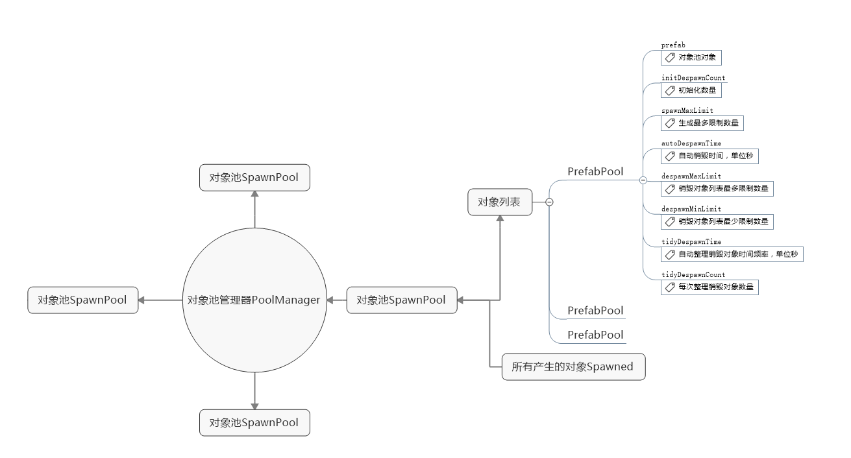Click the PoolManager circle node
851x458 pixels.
tap(254, 300)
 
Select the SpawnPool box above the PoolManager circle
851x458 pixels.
tap(254, 178)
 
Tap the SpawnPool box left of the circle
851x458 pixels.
tap(83, 300)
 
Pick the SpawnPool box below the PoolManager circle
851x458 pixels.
tap(254, 423)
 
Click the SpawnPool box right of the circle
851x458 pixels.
tap(402, 300)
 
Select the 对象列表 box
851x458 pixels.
tap(499, 202)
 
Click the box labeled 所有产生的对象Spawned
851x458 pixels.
tap(573, 367)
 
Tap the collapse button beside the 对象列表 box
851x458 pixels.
tap(549, 202)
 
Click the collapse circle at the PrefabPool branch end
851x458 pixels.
tap(643, 180)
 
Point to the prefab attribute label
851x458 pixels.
tap(673, 45)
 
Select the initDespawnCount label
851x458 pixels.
tap(693, 78)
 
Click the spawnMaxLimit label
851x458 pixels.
tap(687, 111)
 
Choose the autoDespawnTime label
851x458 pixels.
tap(691, 143)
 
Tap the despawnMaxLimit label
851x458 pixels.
tap(691, 176)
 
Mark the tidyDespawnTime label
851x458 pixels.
tap(691, 242)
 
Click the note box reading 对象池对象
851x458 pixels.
tap(691, 58)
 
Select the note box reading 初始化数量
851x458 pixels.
tap(691, 90)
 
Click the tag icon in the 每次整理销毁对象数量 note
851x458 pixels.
tap(670, 287)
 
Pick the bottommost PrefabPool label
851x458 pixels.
tap(595, 335)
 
